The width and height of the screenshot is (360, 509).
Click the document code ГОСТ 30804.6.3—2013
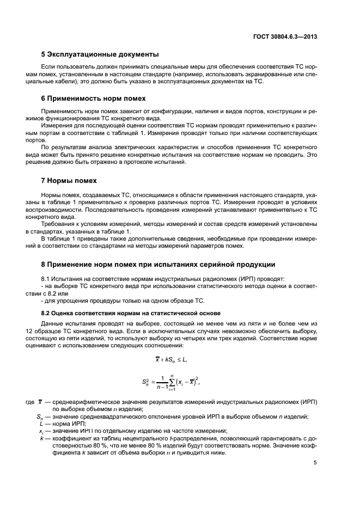click(x=289, y=36)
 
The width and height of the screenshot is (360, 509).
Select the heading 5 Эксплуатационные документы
click(x=100, y=54)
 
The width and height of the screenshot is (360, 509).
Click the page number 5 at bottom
click(x=315, y=463)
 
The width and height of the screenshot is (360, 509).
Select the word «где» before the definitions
click(x=30, y=402)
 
